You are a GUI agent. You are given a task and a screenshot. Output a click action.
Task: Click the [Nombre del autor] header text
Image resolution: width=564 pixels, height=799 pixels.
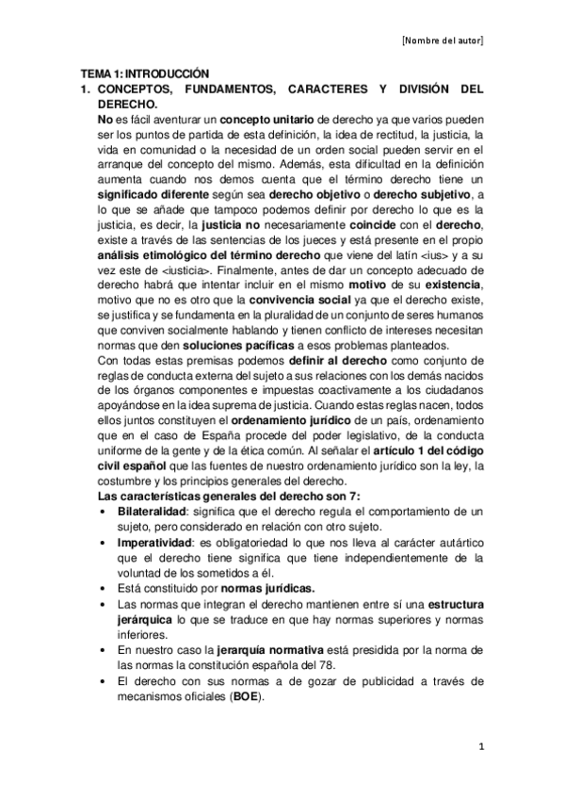pos(443,41)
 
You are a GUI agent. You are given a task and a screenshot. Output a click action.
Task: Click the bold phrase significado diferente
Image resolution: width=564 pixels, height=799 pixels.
pos(153,193)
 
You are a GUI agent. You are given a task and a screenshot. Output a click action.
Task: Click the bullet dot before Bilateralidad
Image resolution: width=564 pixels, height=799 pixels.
pos(102,511)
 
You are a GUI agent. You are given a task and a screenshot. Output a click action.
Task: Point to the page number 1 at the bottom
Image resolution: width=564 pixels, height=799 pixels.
pos(479,748)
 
